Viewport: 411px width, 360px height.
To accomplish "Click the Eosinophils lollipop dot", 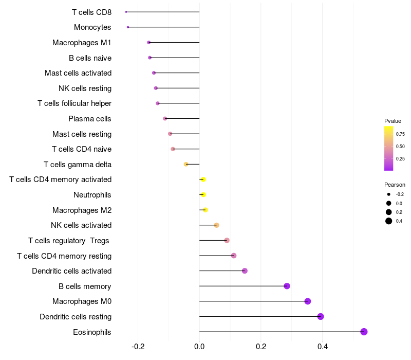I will pyautogui.click(x=364, y=332).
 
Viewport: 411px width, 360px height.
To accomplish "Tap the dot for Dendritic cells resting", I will pyautogui.click(x=321, y=317).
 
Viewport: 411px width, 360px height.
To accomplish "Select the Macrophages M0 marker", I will pyautogui.click(x=308, y=301).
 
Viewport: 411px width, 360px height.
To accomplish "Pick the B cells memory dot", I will pyautogui.click(x=287, y=286).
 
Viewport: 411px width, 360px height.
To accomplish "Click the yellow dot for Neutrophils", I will pyautogui.click(x=203, y=195).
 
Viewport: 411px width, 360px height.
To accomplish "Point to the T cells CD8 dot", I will pyautogui.click(x=126, y=12).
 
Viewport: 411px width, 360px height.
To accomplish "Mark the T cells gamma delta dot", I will pyautogui.click(x=186, y=165).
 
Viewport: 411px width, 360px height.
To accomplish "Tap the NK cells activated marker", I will pyautogui.click(x=216, y=225).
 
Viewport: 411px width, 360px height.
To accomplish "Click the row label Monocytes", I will pyautogui.click(x=92, y=27).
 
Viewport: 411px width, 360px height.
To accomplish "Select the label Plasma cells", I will pyautogui.click(x=90, y=119).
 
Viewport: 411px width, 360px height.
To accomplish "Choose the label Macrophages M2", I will pyautogui.click(x=82, y=210).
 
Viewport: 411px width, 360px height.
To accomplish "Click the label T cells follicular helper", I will pyautogui.click(x=74, y=103).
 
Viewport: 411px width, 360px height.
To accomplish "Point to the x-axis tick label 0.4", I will pyautogui.click(x=323, y=347).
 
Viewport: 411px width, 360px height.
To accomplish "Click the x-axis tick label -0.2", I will pyautogui.click(x=138, y=347).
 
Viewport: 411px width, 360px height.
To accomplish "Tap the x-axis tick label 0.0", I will pyautogui.click(x=199, y=347).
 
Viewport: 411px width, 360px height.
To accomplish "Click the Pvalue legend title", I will pyautogui.click(x=393, y=121).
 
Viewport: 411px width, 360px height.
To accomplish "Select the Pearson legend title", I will pyautogui.click(x=395, y=185).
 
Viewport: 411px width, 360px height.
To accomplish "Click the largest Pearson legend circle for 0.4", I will pyautogui.click(x=389, y=221).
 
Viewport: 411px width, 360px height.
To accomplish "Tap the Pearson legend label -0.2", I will pyautogui.click(x=400, y=194).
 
